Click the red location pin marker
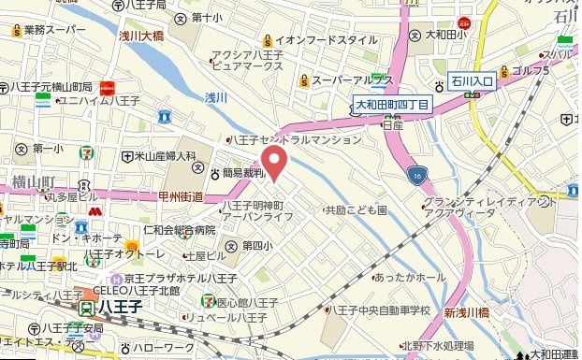pos(272,160)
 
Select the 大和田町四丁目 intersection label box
pos(392,106)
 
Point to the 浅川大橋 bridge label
pos(141,36)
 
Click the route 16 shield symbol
pos(415,174)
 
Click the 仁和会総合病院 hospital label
pos(180,229)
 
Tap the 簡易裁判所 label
pos(243,173)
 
